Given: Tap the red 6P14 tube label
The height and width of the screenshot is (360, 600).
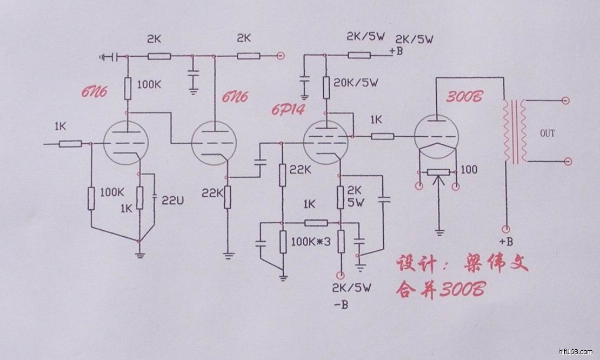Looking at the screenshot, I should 288,110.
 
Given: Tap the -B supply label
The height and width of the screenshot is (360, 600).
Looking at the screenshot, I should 341,305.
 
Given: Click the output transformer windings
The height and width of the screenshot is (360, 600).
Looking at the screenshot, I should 515,131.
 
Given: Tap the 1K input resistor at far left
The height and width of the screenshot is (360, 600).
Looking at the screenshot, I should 70,144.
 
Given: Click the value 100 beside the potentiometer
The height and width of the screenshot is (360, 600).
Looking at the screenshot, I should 470,170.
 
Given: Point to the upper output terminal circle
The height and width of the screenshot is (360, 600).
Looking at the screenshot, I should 565,101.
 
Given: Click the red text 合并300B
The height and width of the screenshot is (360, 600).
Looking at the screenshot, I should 440,289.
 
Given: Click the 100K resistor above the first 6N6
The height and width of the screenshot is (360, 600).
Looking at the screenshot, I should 129,88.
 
